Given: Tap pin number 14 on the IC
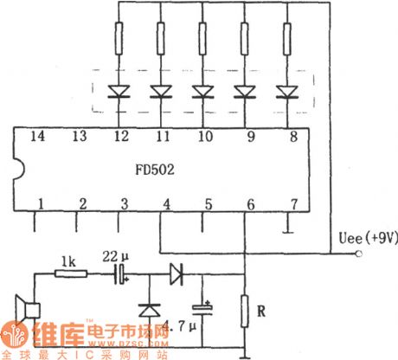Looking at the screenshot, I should click(x=38, y=136).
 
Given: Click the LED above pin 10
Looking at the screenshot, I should click(x=203, y=90).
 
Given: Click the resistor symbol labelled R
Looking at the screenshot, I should click(x=246, y=309).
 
